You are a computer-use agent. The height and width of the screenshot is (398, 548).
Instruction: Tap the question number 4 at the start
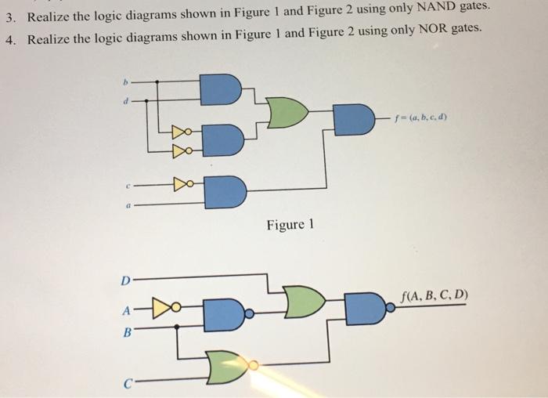[9, 40]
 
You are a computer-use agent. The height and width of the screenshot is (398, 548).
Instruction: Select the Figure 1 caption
[290, 226]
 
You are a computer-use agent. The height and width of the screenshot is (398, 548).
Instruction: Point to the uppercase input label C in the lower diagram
[124, 383]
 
